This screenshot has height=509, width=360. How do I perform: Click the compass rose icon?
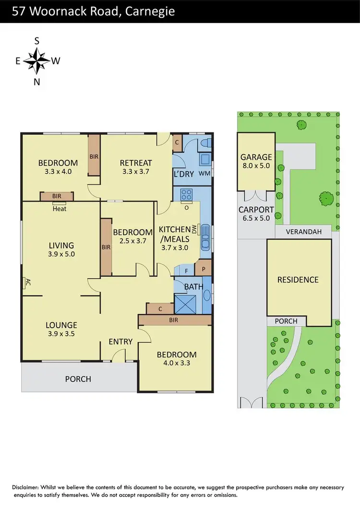36,61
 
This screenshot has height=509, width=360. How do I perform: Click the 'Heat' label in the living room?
60,209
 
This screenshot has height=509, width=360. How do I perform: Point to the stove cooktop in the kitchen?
186,194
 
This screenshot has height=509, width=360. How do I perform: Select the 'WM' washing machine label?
204,173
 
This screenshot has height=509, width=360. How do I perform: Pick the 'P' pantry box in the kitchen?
203,269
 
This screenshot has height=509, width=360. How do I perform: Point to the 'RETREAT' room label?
136,163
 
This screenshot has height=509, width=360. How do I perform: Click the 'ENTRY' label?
120,341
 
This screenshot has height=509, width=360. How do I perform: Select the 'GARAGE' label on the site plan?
256,157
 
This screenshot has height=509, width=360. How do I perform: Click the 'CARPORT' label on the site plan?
256,210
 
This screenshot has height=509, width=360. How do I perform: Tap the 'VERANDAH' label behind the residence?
303,231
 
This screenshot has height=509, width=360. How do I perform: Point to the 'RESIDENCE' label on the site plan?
298,280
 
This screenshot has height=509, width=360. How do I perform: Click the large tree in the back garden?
326,197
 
